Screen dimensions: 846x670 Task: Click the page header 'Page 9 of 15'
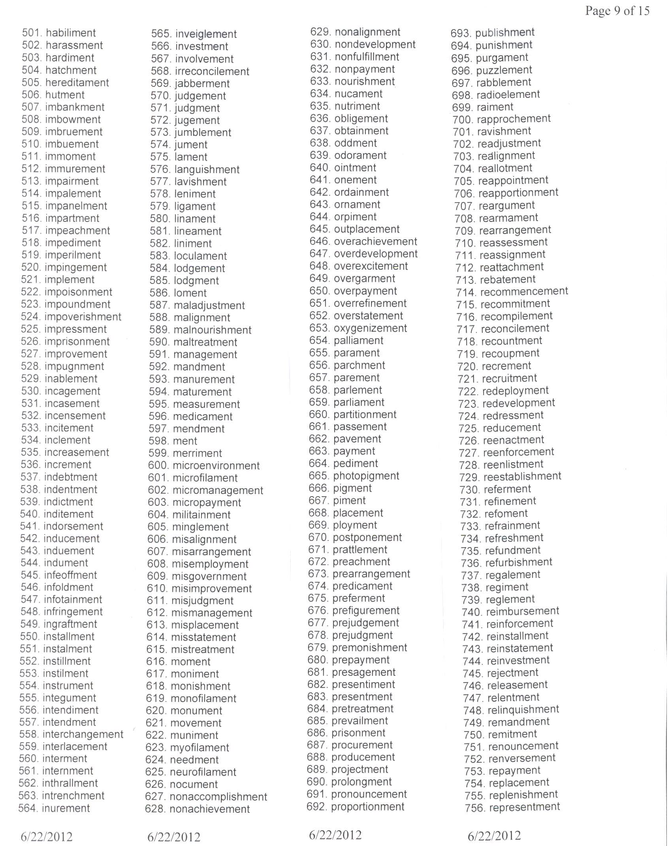coord(617,11)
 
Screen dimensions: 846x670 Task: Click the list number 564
coord(28,808)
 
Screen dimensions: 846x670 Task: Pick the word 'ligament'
coord(195,206)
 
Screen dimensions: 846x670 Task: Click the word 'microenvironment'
coord(216,465)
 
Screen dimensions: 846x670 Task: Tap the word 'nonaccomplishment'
coord(218,797)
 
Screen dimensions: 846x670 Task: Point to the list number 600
coord(158,465)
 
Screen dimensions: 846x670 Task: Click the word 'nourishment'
coord(364,81)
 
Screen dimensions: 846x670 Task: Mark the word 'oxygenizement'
coord(370,328)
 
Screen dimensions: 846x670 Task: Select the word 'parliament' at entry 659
coord(359,402)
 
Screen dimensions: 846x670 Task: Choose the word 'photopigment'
coord(366,476)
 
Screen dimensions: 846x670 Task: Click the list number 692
coord(317,807)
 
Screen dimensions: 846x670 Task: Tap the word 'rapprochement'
coord(514,119)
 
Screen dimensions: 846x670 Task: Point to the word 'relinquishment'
coord(523,709)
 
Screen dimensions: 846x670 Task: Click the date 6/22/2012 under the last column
coord(494,835)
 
